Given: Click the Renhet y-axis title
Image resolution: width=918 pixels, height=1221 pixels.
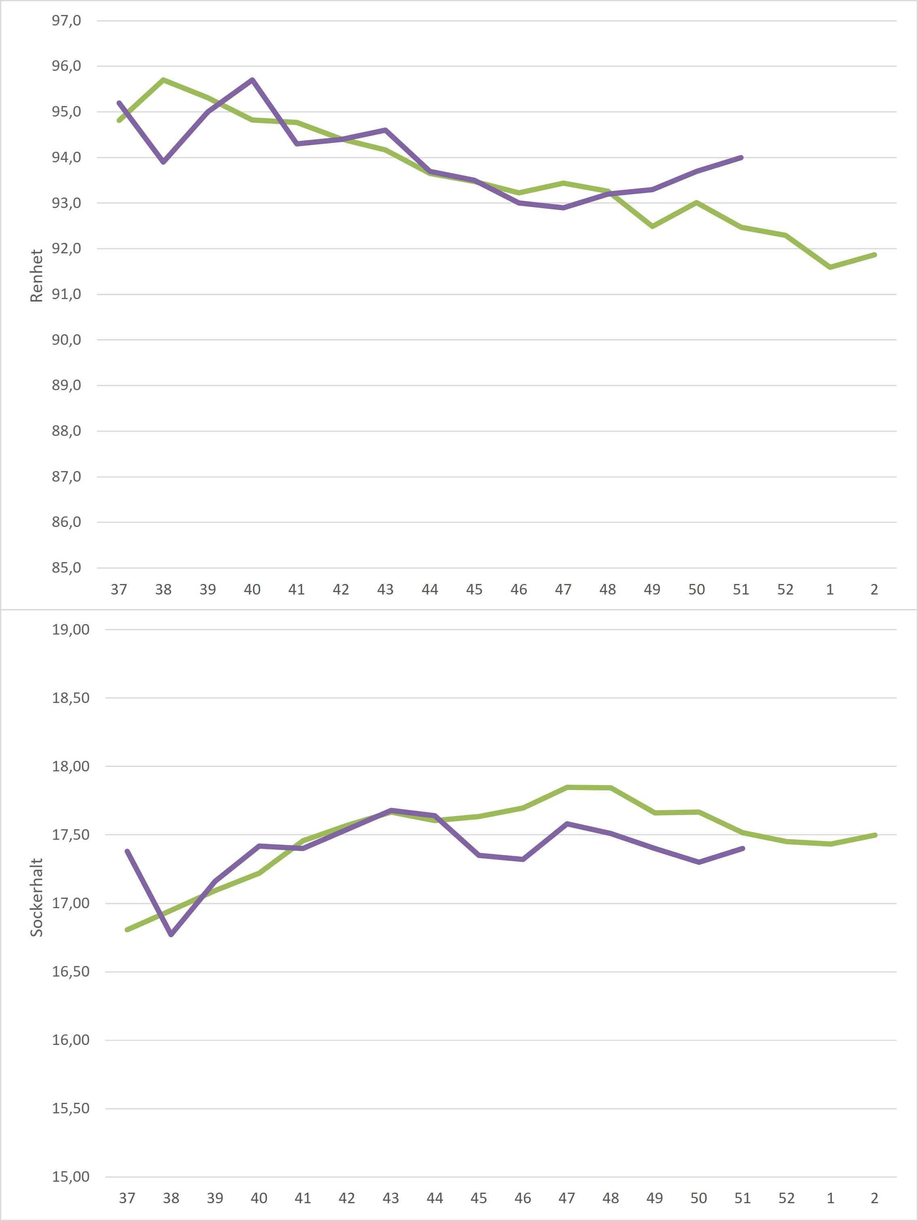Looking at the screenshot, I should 36,276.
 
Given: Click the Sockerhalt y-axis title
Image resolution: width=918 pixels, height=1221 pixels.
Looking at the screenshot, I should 36,897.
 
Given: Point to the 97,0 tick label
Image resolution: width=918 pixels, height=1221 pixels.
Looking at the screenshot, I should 66,21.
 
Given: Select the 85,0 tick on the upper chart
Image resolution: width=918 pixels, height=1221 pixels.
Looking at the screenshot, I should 66,568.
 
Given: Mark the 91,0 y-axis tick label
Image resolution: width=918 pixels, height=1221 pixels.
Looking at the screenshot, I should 66,294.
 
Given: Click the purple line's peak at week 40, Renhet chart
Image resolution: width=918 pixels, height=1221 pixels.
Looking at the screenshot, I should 252,80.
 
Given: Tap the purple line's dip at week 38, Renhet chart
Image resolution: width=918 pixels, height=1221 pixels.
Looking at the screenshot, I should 163,162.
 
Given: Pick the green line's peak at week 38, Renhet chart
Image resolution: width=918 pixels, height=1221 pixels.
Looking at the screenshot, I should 163,80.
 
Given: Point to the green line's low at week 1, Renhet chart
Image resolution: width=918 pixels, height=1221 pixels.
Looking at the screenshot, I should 830,267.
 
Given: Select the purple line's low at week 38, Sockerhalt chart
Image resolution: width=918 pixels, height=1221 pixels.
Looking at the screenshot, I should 171,934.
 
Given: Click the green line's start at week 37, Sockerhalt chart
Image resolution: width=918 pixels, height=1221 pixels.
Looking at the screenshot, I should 127,930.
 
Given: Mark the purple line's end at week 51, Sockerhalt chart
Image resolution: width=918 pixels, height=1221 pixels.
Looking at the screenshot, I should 742,848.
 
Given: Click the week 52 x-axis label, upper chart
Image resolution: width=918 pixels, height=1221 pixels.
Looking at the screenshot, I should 785,590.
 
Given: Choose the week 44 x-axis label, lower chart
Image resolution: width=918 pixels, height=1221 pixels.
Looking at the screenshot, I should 435,1198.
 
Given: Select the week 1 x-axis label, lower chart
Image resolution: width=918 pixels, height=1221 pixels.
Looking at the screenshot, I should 830,1198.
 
